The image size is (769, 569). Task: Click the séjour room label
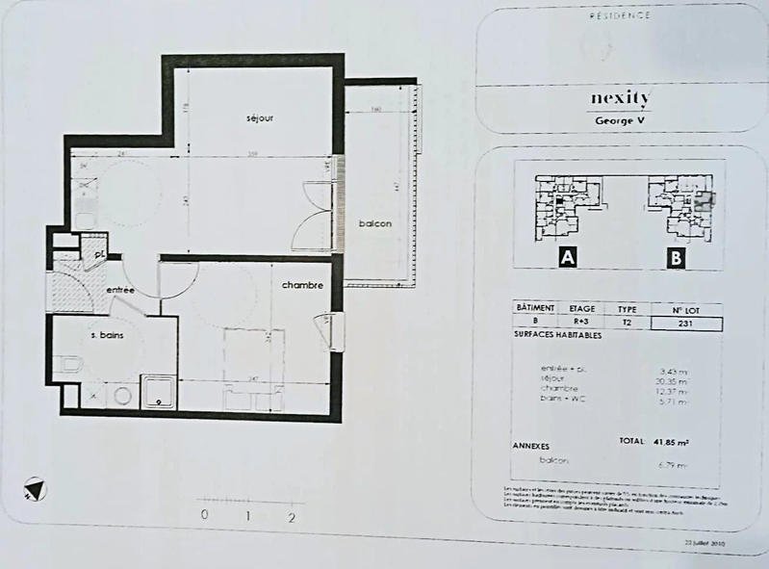(x=260, y=118)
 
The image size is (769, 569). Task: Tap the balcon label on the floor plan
(x=374, y=223)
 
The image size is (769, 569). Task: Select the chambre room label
(x=301, y=286)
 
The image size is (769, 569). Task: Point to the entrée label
(x=120, y=290)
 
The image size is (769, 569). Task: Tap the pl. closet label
(x=99, y=253)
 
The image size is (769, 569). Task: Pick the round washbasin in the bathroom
(x=122, y=395)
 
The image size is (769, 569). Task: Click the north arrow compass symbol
(x=36, y=490)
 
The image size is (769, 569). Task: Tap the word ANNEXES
(x=528, y=447)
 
